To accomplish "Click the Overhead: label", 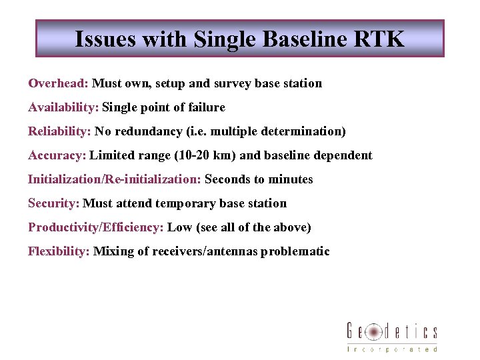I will pos(59,83).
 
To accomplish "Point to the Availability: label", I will pos(63,107).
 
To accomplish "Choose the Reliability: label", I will pos(59,131).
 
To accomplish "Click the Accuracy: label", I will pos(57,155).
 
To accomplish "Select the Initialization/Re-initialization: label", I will pos(115,179).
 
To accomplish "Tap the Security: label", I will pos(54,203).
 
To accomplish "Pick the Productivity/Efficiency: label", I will pos(96,227).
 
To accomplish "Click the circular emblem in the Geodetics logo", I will pos(374,331).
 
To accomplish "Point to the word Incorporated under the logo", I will pos(392,349).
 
